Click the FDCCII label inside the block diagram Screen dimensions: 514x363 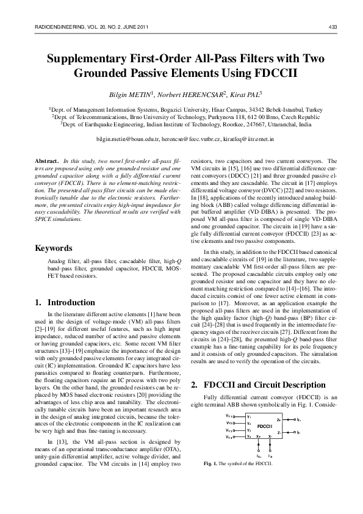[x=265, y=391]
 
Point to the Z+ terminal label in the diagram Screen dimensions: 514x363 [x=279, y=386]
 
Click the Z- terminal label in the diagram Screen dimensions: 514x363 [x=279, y=397]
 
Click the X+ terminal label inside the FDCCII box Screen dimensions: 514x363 [x=259, y=402]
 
